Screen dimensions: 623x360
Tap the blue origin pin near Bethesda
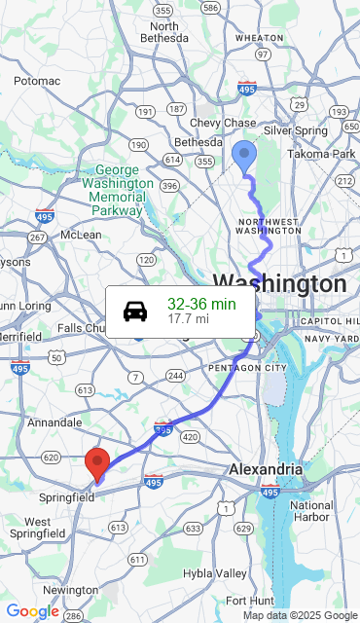pos(244,157)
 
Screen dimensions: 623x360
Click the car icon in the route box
pos(135,311)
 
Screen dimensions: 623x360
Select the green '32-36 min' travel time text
pos(201,304)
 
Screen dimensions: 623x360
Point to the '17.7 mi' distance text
pos(188,318)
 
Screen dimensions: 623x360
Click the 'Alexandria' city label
pos(266,469)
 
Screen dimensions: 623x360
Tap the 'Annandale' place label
pos(54,422)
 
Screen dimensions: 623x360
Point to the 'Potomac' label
pos(37,81)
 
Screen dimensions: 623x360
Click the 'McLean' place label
pos(81,235)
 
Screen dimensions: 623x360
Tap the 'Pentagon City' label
pos(247,368)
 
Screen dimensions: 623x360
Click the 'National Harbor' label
pos(311,512)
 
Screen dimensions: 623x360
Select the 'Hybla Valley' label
pos(216,573)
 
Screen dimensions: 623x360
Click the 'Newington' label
pos(70,590)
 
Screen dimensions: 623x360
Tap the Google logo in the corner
pos(32,611)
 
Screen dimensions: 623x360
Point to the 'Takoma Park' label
pos(322,154)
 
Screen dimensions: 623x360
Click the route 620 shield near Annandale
pos(52,457)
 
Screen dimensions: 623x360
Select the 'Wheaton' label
pos(260,37)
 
